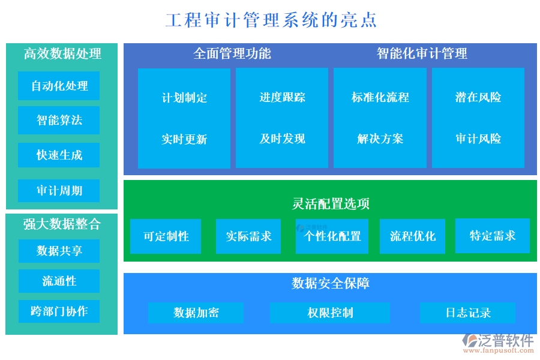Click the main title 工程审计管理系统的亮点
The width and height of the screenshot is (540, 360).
coord(271,20)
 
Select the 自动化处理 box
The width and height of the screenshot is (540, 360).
coord(59,86)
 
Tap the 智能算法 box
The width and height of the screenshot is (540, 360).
coord(59,120)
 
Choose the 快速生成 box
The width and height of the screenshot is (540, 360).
coord(59,155)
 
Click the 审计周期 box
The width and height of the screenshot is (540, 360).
coord(59,191)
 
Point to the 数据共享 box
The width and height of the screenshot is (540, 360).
coord(59,251)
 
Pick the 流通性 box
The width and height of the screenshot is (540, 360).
coord(59,281)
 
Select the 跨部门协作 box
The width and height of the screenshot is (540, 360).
coord(59,311)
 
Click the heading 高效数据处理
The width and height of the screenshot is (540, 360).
coord(62,53)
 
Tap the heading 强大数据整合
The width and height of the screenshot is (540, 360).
coord(62,224)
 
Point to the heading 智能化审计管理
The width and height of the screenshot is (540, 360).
coord(422,53)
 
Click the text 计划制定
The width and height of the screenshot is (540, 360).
coord(184,97)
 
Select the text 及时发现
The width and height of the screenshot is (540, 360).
coord(282,139)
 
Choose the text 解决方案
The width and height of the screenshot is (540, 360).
coord(380,139)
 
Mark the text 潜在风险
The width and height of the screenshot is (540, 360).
coord(478,97)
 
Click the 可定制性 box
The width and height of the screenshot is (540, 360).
coord(166,236)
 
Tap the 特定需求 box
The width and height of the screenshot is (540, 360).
coord(492,236)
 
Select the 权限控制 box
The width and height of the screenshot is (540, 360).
coord(329,313)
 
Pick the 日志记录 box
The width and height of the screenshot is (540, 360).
coord(467,313)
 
